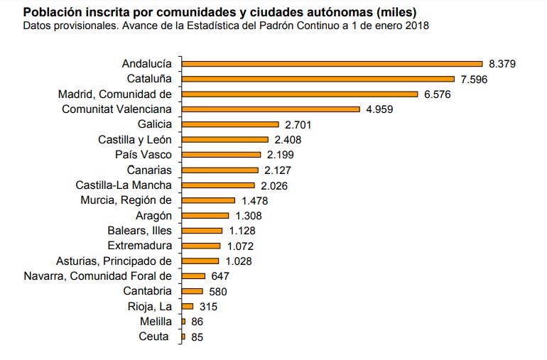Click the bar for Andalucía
pos(332,64)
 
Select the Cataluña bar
pos(318,79)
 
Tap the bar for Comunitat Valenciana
pos(271,109)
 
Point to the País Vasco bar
pos(222,155)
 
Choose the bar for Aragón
pos(205,215)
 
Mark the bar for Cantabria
pos(192,291)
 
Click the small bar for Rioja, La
pos(188,307)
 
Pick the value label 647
pos(220,276)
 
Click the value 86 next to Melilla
pos(197,322)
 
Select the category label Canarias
pos(149,170)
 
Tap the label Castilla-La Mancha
pos(124,185)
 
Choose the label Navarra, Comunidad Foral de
pos(97,276)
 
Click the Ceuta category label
pos(155,337)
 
